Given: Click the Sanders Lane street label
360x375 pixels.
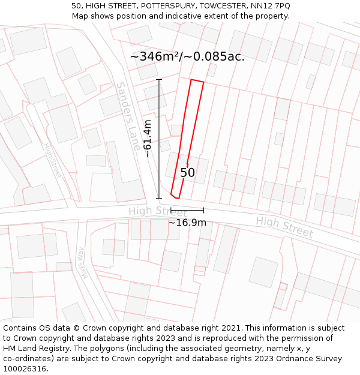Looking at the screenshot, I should (128, 116).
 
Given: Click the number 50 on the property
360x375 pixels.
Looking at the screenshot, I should (188, 173).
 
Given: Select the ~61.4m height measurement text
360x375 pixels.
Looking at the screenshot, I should (147, 139).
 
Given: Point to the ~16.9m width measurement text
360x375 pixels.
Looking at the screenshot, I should (187, 223).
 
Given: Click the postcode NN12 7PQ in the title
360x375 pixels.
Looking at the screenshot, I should (268, 5).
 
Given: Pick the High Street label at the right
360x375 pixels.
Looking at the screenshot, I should (284, 227).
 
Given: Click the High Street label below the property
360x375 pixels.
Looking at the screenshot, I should (158, 211).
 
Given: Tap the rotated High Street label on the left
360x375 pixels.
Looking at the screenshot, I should (52, 161).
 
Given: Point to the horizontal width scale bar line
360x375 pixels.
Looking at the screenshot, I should (187, 210).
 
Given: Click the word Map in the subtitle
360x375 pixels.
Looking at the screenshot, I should (81, 16).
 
